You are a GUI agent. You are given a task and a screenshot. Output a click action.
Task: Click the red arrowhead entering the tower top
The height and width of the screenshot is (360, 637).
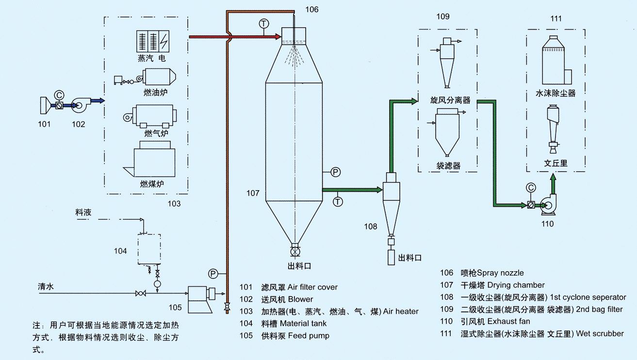(x=277, y=36)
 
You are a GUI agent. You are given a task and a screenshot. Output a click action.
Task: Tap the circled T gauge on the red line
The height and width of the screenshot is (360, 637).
(x=263, y=23)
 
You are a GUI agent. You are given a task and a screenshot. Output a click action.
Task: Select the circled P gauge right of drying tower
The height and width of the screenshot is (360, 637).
(x=335, y=172)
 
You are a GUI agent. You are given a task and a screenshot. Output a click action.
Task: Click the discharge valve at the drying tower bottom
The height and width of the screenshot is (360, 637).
(x=294, y=251)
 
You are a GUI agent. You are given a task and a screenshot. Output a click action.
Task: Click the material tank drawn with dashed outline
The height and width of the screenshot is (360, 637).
(x=149, y=248)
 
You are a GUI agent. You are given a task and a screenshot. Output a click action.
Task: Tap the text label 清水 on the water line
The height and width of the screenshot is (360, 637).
(x=46, y=287)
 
